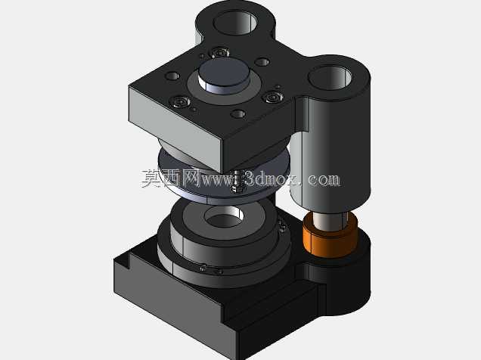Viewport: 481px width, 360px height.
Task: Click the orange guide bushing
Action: click(330, 234)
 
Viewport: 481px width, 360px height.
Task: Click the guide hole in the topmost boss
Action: click(235, 22)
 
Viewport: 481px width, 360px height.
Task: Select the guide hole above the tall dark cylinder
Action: click(330, 78)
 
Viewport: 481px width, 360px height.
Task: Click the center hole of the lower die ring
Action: click(224, 216)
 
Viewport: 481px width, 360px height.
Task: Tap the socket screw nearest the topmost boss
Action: click(220, 52)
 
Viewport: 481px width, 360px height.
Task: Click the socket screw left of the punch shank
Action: click(180, 101)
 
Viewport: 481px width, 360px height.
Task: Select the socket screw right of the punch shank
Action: click(273, 98)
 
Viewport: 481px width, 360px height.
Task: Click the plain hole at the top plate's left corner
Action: click(172, 76)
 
